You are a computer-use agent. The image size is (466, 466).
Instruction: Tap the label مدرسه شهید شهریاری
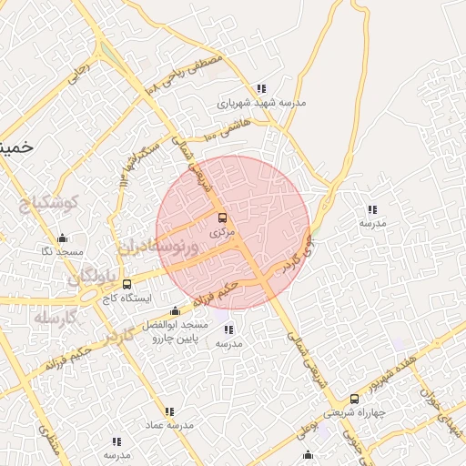click(260, 103)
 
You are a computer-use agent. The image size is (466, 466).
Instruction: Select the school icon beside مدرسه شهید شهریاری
click(261, 89)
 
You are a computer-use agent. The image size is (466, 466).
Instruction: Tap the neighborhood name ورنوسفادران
click(157, 246)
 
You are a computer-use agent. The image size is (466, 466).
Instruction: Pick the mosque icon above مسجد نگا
click(63, 237)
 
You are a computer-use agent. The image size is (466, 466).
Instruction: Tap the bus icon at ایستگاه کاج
click(127, 284)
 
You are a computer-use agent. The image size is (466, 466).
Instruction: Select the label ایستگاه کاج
click(127, 298)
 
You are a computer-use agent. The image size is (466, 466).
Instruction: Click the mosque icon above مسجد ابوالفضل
click(175, 311)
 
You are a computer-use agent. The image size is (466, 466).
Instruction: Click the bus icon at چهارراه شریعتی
click(354, 399)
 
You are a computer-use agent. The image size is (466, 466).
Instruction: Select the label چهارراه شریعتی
click(355, 412)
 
